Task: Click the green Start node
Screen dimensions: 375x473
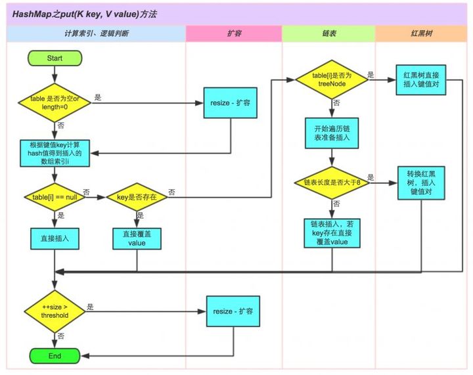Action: pos(55,58)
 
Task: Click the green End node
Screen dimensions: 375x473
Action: pos(55,355)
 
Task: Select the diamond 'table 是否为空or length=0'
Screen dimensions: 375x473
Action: pos(55,102)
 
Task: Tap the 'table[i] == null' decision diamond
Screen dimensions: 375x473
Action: pos(55,196)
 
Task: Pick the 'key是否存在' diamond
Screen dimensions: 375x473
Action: pos(137,196)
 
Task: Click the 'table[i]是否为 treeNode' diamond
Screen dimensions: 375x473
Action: pos(332,80)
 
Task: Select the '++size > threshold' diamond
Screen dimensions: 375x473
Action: pos(55,311)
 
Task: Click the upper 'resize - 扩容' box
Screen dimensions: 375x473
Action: pos(229,104)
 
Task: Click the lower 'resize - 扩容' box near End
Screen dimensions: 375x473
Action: pos(233,311)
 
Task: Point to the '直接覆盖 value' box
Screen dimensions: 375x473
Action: pos(137,238)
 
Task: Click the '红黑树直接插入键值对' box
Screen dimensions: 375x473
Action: pos(420,80)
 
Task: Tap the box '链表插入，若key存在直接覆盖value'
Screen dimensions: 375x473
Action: pos(332,233)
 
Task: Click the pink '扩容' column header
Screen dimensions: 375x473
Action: pos(233,33)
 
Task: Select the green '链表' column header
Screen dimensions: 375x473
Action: pos(328,33)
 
